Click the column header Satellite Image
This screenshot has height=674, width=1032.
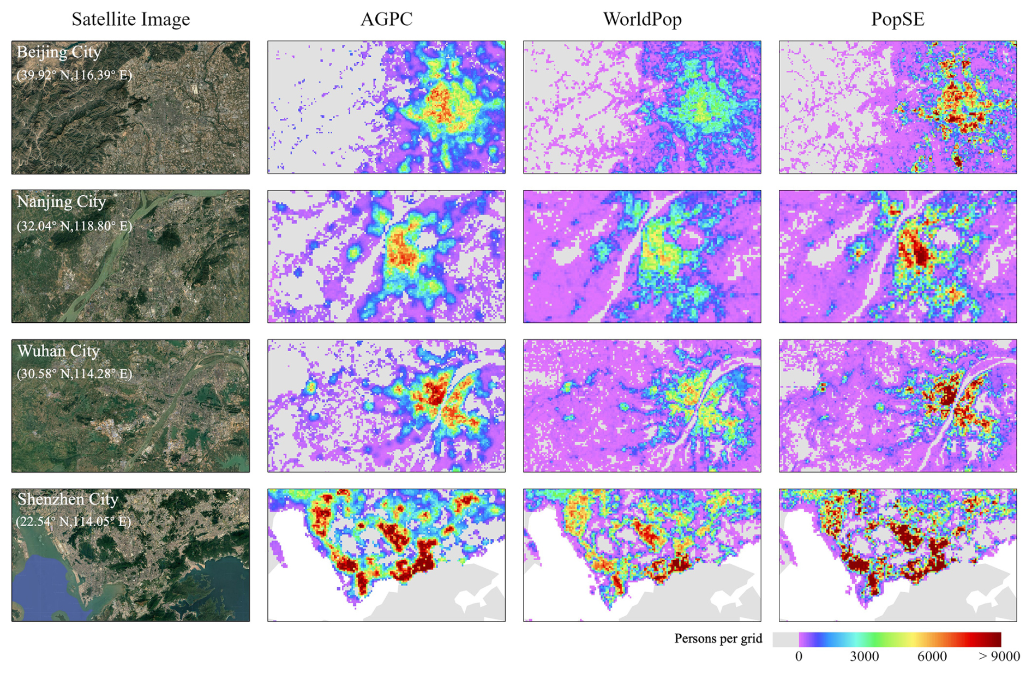(131, 20)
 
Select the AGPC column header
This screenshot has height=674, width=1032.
(386, 20)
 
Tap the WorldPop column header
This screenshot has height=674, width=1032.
(642, 20)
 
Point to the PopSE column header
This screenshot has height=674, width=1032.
(898, 20)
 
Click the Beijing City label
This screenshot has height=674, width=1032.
(59, 52)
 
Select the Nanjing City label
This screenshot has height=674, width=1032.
(61, 202)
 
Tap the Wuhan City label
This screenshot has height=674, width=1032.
(58, 351)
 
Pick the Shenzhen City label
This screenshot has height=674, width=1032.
(68, 500)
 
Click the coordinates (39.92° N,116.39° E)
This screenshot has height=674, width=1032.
(74, 75)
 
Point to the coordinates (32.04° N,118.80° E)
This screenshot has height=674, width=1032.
(74, 226)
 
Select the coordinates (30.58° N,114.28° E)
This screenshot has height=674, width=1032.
(74, 374)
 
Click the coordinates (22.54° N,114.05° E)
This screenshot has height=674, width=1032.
(74, 521)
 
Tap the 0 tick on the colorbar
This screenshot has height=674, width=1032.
(799, 656)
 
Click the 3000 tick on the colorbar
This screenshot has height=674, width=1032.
(865, 656)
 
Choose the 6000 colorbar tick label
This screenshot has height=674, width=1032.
(932, 656)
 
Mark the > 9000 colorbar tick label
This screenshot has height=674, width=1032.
(999, 656)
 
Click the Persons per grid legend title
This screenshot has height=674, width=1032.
(718, 639)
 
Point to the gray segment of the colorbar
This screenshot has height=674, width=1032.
(786, 639)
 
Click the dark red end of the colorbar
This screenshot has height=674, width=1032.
(993, 639)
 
